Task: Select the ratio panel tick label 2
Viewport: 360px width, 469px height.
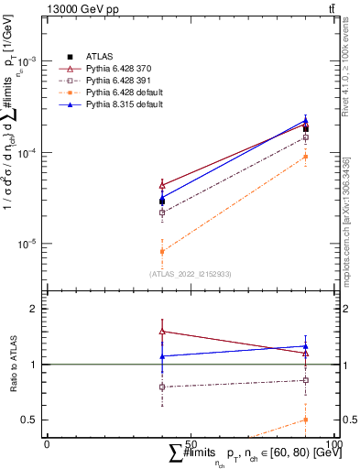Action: click(x=37, y=309)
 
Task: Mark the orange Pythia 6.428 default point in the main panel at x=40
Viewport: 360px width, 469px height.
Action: click(x=162, y=251)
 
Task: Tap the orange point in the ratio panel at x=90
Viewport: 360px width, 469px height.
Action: click(x=305, y=420)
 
